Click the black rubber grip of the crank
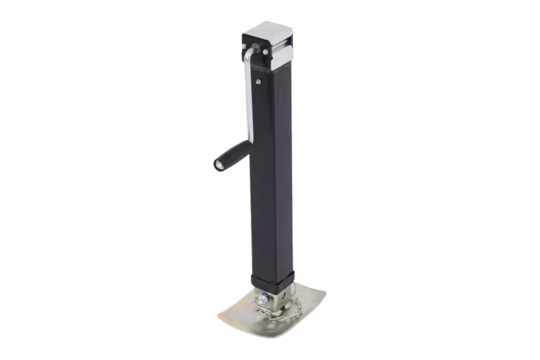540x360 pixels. pos(234,153)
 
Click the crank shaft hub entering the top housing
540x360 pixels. pos(256,48)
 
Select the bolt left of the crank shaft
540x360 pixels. pos(244,46)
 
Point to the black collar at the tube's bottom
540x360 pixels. pos(273,280)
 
